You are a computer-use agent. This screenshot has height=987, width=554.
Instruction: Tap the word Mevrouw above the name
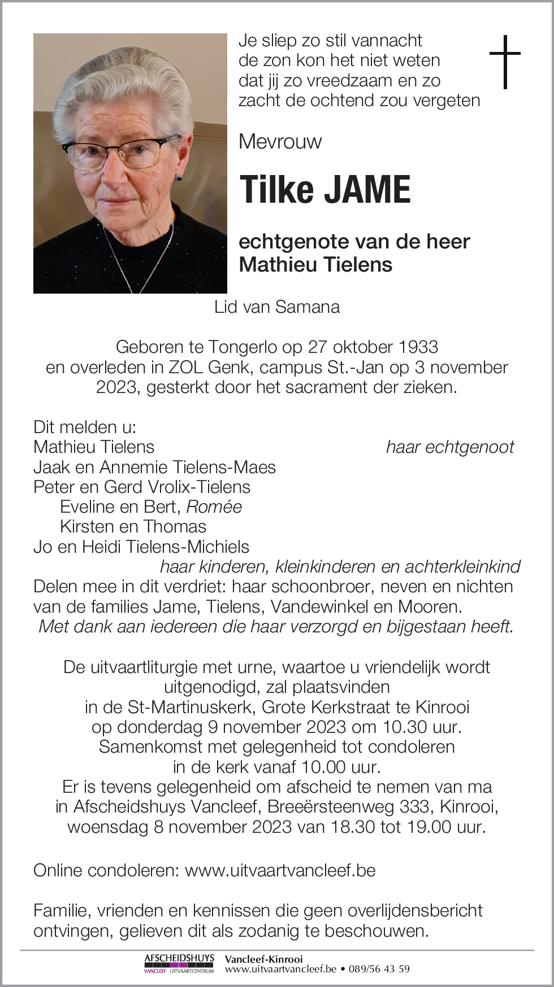[280, 141]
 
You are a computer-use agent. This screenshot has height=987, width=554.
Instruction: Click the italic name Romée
[214, 506]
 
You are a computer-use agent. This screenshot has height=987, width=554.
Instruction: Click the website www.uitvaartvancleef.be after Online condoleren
[280, 870]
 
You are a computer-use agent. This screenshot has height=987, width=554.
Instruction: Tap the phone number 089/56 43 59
[379, 969]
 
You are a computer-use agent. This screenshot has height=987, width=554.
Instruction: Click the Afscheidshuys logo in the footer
[179, 963]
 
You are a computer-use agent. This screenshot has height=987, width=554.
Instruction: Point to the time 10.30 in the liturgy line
[406, 727]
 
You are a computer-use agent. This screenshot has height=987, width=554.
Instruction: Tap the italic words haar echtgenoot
[450, 447]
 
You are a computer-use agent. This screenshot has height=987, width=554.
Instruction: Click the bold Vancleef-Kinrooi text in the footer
[263, 959]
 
